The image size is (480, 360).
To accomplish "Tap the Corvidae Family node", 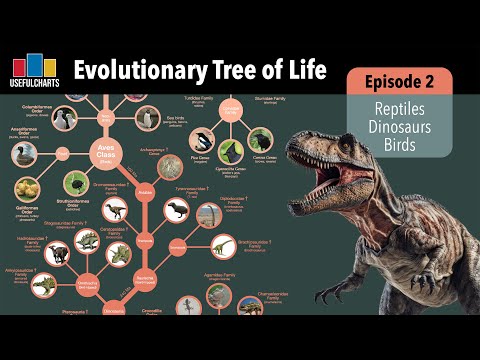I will coord(234,109).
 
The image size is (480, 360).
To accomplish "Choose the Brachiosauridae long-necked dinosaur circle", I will coord(222,246).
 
